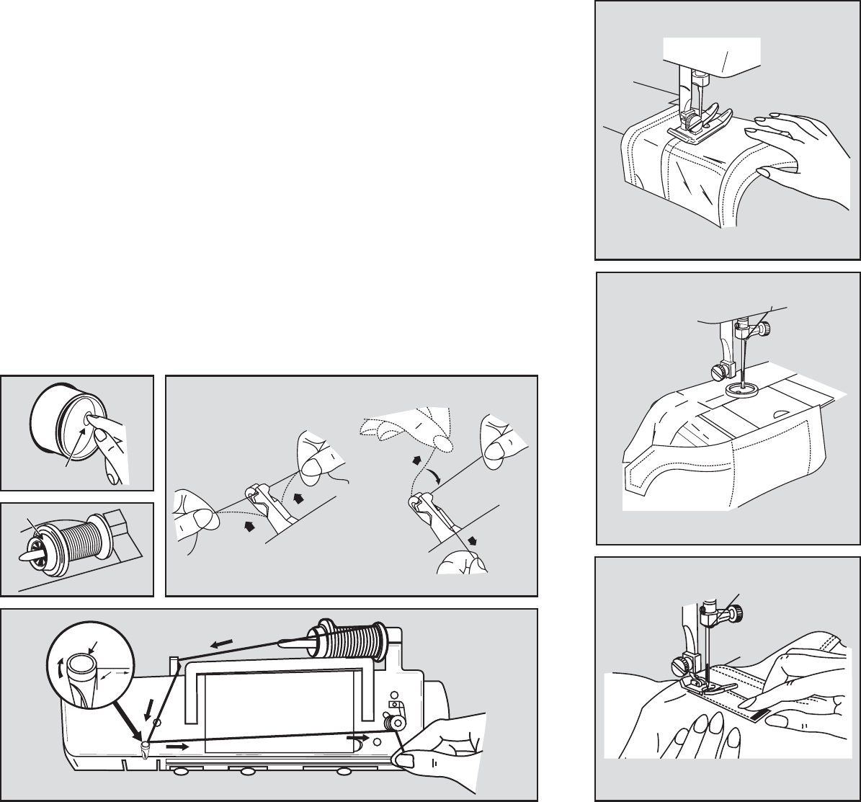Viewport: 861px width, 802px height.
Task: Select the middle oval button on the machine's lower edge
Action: click(249, 773)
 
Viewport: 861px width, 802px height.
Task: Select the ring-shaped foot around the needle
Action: click(743, 390)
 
